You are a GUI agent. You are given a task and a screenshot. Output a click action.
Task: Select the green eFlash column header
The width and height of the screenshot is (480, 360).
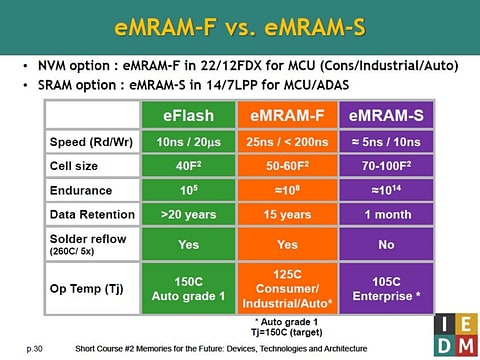pos(191,116)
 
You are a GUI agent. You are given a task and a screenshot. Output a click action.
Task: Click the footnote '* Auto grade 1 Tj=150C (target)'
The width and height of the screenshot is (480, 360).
pos(290,325)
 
